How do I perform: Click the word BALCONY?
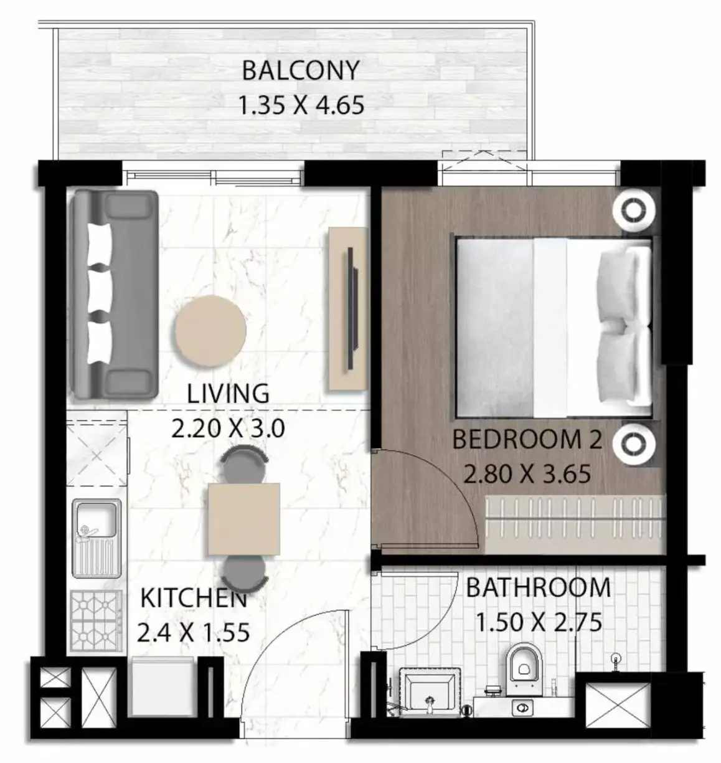pyautogui.click(x=300, y=70)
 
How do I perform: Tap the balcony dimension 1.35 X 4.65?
pyautogui.click(x=301, y=105)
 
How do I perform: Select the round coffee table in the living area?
pyautogui.click(x=210, y=330)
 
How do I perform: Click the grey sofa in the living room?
pyautogui.click(x=115, y=295)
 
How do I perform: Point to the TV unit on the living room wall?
pyautogui.click(x=348, y=308)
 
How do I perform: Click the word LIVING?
pyautogui.click(x=228, y=394)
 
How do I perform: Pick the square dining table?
pyautogui.click(x=244, y=519)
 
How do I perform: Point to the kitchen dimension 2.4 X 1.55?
pyautogui.click(x=193, y=633)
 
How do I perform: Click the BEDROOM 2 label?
pyautogui.click(x=527, y=440)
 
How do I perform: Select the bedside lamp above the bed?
pyautogui.click(x=634, y=211)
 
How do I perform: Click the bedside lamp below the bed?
pyautogui.click(x=634, y=443)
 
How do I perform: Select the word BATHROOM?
pyautogui.click(x=538, y=587)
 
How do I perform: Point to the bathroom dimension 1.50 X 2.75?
pyautogui.click(x=538, y=622)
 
